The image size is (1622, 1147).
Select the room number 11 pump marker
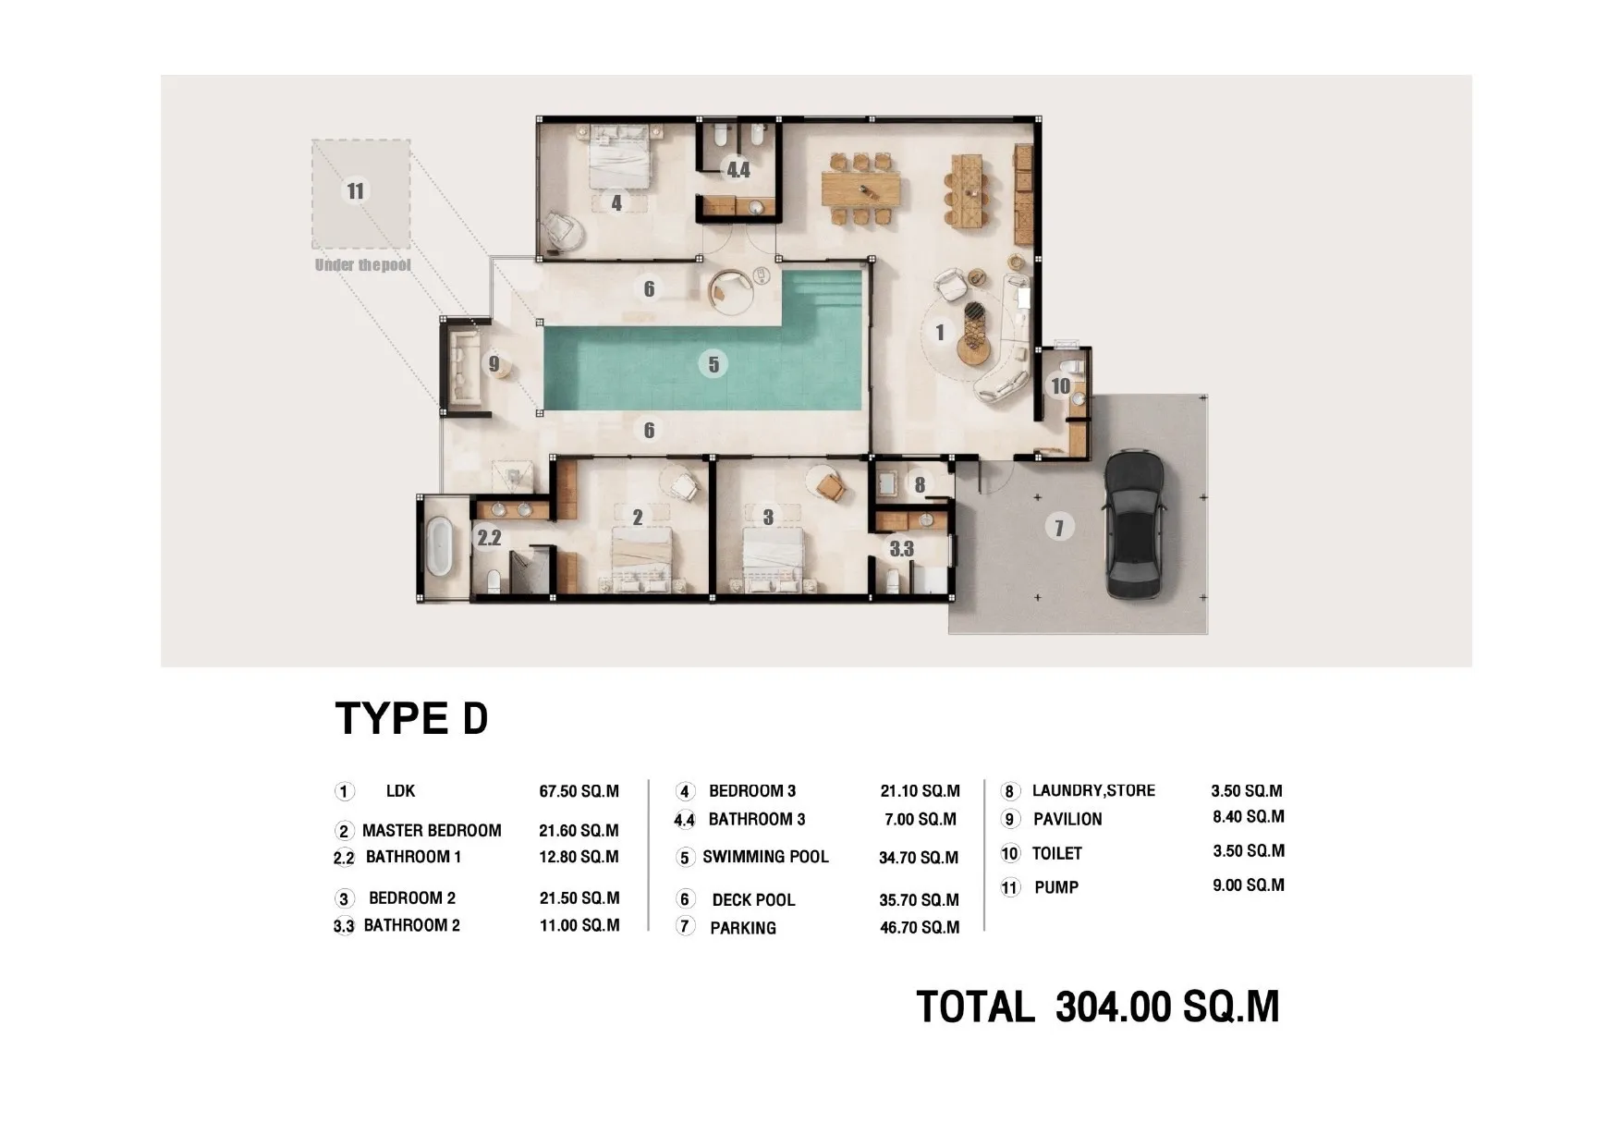pyautogui.click(x=356, y=191)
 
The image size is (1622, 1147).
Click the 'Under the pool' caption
pyautogui.click(x=362, y=265)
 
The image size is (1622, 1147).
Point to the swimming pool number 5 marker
pyautogui.click(x=713, y=364)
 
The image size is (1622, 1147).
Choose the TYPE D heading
pyautogui.click(x=411, y=718)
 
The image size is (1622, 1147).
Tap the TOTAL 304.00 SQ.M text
pyautogui.click(x=1098, y=1007)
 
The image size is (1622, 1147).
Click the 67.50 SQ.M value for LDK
pyautogui.click(x=579, y=792)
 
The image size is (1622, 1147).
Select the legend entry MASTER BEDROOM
pyautogui.click(x=432, y=830)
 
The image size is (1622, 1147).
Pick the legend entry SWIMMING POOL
pyautogui.click(x=765, y=857)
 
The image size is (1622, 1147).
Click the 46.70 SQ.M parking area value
pyautogui.click(x=920, y=927)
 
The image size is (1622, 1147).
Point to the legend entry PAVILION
pyautogui.click(x=1067, y=819)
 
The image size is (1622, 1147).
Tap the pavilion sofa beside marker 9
pyautogui.click(x=463, y=365)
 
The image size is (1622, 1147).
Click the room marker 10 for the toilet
pyautogui.click(x=1060, y=385)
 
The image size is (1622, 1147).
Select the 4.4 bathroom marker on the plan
pyautogui.click(x=738, y=170)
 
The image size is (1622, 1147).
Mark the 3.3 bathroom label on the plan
pyautogui.click(x=901, y=548)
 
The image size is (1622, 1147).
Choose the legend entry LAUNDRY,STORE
pyautogui.click(x=1093, y=790)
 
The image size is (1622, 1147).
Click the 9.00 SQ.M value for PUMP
pyautogui.click(x=1249, y=885)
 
